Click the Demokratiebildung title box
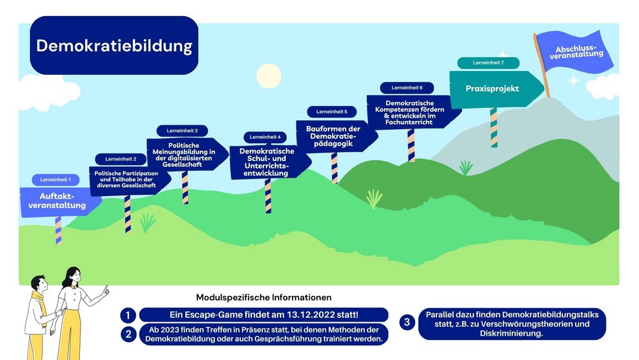click(x=114, y=45)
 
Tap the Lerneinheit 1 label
click(x=56, y=180)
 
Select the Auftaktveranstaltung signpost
click(x=58, y=201)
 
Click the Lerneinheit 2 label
click(x=121, y=159)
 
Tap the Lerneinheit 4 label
click(x=265, y=137)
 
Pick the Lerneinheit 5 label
click(x=332, y=111)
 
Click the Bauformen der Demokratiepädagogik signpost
click(x=333, y=136)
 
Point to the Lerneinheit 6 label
click(x=407, y=87)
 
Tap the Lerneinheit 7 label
click(x=488, y=63)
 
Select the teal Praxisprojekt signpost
click(x=492, y=89)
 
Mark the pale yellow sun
click(x=268, y=76)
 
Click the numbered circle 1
click(x=128, y=315)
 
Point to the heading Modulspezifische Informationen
click(x=264, y=297)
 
